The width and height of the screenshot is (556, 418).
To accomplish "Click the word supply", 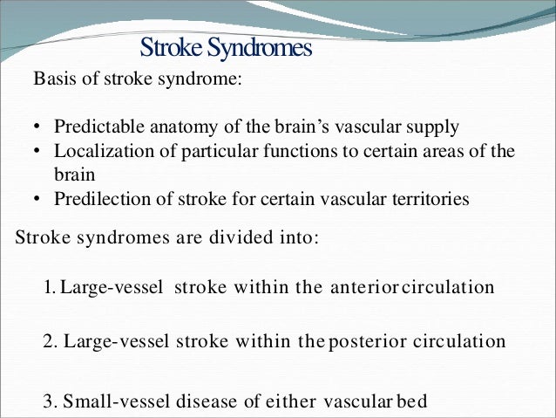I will (433, 127).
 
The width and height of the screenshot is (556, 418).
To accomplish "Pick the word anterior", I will (360, 287).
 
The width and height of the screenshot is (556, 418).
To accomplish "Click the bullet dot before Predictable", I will (38, 127).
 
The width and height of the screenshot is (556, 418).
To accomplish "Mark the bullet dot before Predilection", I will (38, 200).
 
